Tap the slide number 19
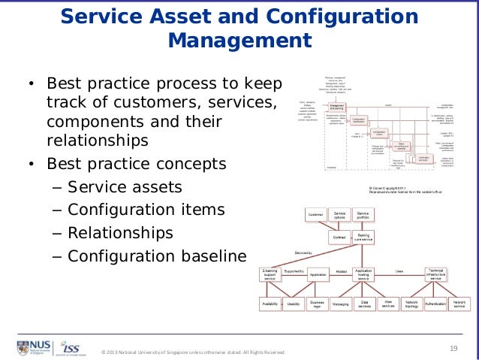pyautogui.click(x=453, y=346)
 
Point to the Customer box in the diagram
pyautogui.click(x=315, y=216)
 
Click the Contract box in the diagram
pyautogui.click(x=339, y=237)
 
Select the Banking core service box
pyautogui.click(x=363, y=237)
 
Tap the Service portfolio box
pyautogui.click(x=363, y=216)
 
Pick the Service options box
pyautogui.click(x=339, y=216)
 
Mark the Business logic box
pyautogui.click(x=317, y=304)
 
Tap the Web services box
pyautogui.click(x=388, y=304)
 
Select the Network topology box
pyautogui.click(x=411, y=304)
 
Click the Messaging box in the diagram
pyautogui.click(x=340, y=304)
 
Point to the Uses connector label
pyautogui.click(x=399, y=271)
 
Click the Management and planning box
pyautogui.click(x=337, y=107)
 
